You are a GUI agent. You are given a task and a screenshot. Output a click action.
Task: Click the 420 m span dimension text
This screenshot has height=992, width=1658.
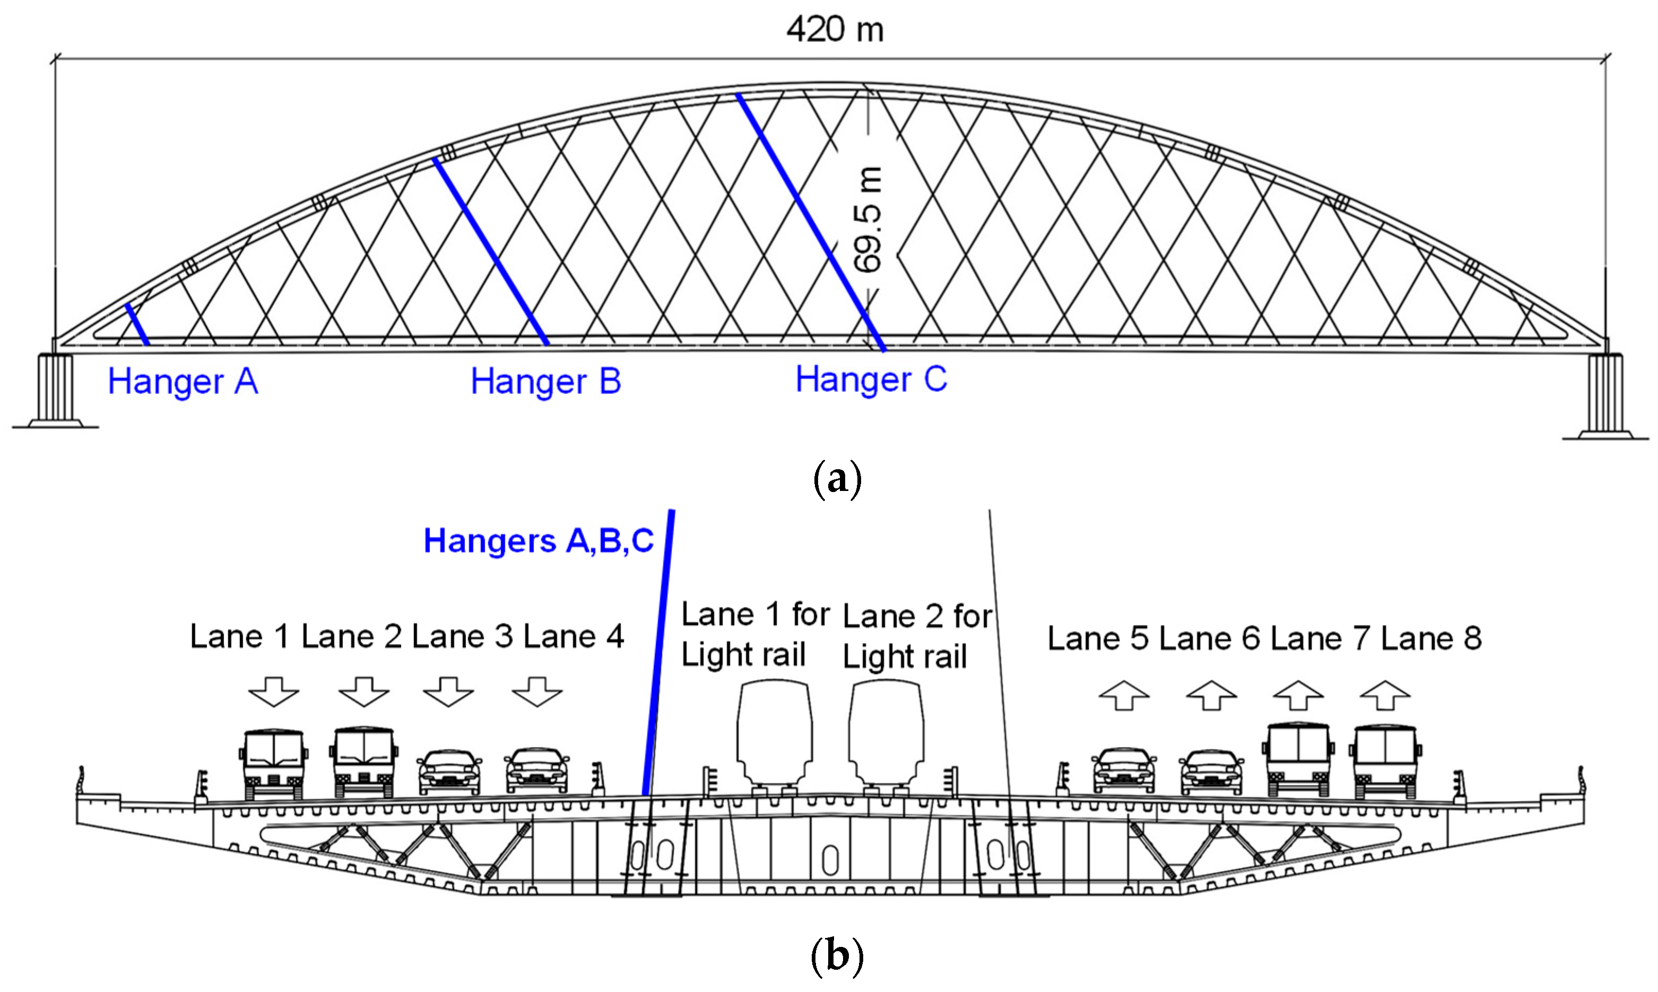click(835, 29)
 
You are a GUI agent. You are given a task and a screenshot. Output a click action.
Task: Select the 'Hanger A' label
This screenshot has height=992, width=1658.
click(183, 382)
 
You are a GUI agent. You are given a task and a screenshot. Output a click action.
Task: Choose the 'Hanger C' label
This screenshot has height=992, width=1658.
click(871, 380)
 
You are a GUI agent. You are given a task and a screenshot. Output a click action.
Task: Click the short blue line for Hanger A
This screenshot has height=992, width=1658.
click(137, 324)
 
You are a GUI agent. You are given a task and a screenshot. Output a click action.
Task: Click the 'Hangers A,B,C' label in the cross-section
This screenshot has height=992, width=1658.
click(539, 540)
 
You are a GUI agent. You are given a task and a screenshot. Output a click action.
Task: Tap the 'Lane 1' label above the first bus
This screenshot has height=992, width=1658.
click(239, 636)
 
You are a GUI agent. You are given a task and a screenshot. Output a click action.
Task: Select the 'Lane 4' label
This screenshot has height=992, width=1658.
click(573, 636)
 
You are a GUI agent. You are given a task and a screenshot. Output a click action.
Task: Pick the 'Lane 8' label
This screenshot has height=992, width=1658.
click(1431, 638)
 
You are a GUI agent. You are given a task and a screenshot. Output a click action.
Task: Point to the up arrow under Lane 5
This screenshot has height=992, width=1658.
click(1124, 695)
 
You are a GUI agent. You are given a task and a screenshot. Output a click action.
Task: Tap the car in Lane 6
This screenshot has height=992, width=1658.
click(1211, 771)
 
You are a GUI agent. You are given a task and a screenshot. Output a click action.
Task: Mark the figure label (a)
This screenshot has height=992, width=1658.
click(836, 479)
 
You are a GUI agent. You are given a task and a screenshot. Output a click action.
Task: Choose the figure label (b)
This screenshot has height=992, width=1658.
click(836, 956)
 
